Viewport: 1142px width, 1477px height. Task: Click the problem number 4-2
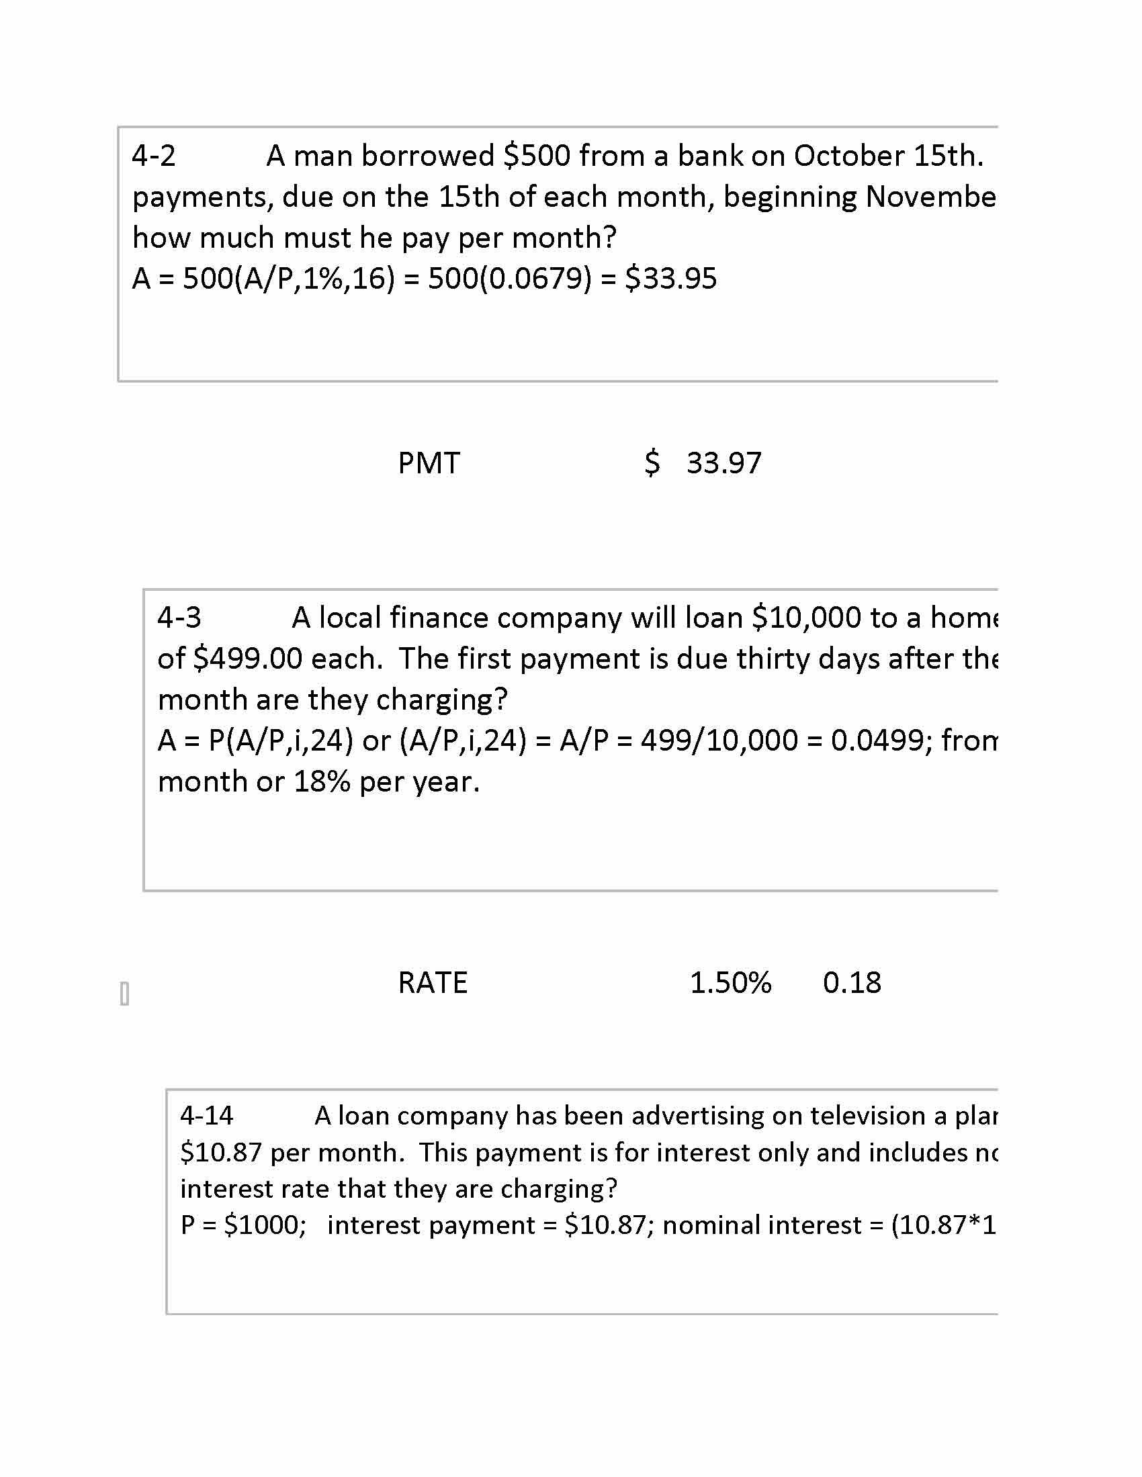click(x=154, y=156)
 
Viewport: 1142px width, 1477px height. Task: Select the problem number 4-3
click(x=179, y=618)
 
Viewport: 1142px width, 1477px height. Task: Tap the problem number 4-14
click(x=206, y=1115)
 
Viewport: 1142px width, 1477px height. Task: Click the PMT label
click(x=429, y=463)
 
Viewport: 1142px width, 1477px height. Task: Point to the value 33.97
click(x=724, y=463)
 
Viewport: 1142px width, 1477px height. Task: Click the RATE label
click(x=433, y=983)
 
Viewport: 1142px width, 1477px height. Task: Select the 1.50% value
click(x=730, y=983)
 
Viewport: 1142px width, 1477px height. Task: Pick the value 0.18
click(x=852, y=983)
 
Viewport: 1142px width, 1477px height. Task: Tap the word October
click(x=849, y=156)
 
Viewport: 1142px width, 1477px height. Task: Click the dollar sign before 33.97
click(x=652, y=463)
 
